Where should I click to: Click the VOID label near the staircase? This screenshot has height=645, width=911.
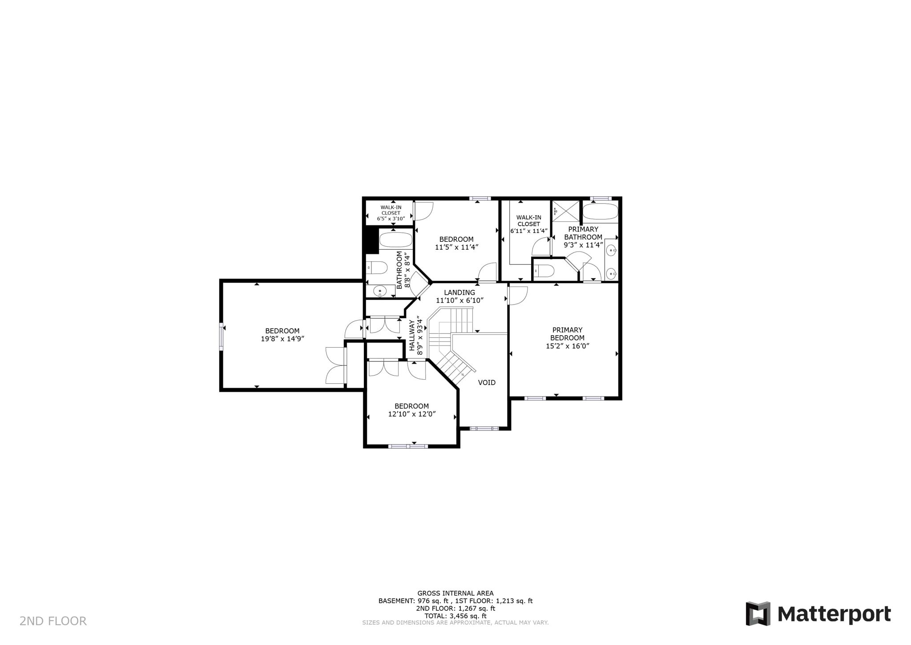[486, 382]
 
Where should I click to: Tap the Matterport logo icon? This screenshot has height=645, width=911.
[758, 613]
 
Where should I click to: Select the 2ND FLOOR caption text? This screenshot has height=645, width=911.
[53, 621]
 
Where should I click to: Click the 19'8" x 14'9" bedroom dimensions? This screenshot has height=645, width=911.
[282, 339]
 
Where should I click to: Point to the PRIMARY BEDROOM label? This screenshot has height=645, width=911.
[567, 334]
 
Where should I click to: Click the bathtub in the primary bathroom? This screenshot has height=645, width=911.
[600, 212]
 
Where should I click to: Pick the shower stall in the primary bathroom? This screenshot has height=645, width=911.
[566, 211]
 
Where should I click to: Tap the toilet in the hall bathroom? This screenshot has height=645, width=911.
[377, 268]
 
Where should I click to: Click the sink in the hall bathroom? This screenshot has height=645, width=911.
[380, 291]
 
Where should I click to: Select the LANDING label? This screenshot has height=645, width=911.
[460, 292]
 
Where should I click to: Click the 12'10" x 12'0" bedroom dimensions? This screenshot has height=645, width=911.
[411, 414]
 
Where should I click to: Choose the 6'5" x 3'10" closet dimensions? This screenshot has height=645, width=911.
[391, 219]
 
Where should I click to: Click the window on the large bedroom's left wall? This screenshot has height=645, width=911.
[221, 337]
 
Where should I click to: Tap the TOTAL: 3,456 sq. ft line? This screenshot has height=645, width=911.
[455, 616]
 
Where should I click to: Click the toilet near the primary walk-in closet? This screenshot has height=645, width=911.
[543, 270]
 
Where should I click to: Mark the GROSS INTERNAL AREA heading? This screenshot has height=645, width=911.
[455, 593]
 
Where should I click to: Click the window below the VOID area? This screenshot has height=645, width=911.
[484, 429]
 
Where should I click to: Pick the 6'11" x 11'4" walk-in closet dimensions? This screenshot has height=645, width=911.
[528, 231]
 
